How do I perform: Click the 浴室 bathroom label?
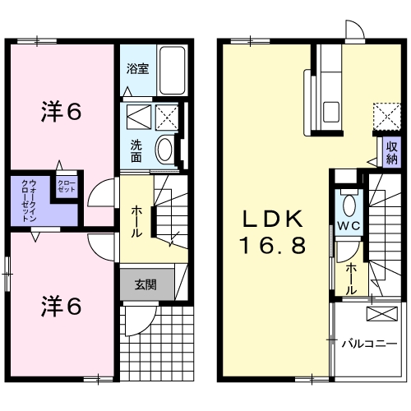[x=137, y=69]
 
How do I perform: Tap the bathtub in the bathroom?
[x=173, y=71]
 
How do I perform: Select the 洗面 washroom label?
[x=136, y=151]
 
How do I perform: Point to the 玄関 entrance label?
[x=145, y=285]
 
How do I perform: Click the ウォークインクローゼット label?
[x=29, y=201]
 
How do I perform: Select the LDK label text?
[x=274, y=219]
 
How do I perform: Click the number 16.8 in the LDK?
[x=273, y=246]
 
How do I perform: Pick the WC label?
[x=349, y=226]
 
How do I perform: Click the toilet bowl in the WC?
[x=349, y=205]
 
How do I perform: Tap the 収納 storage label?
[x=392, y=153]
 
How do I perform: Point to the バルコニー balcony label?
[x=369, y=344]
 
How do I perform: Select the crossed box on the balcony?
[x=382, y=314]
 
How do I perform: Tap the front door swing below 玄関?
[x=141, y=321]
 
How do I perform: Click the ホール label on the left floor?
[x=136, y=221]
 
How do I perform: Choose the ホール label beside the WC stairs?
[x=351, y=279]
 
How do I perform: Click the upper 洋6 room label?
[x=62, y=112]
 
